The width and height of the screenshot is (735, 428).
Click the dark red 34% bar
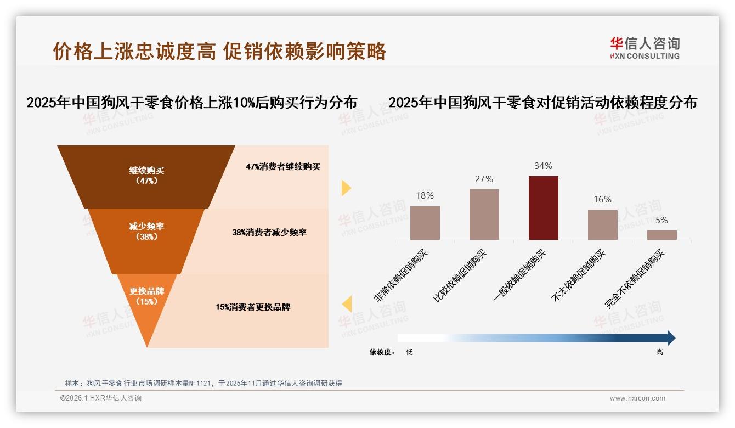pyautogui.click(x=543, y=208)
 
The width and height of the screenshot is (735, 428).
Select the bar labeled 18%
pyautogui.click(x=425, y=223)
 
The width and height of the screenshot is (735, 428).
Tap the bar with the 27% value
pyautogui.click(x=484, y=215)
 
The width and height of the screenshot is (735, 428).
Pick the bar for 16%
pyautogui.click(x=602, y=225)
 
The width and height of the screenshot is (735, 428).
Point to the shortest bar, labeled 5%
pyautogui.click(x=661, y=235)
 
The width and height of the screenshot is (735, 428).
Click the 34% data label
pyautogui.click(x=543, y=166)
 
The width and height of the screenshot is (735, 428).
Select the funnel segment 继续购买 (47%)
pyautogui.click(x=146, y=176)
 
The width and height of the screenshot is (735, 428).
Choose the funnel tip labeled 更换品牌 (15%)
pyautogui.click(x=146, y=299)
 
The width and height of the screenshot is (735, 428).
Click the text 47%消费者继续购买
pyautogui.click(x=283, y=167)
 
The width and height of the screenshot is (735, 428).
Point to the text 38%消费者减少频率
pyautogui.click(x=269, y=233)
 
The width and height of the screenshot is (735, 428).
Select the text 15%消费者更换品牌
pyautogui.click(x=253, y=307)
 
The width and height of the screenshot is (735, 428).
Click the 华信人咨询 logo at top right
pyautogui.click(x=644, y=48)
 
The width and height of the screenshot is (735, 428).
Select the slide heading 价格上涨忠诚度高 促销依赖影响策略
pyautogui.click(x=219, y=51)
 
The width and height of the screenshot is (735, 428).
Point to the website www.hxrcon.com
pyautogui.click(x=637, y=398)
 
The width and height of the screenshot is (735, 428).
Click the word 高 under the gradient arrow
pyautogui.click(x=659, y=352)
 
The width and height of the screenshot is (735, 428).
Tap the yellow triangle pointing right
pyautogui.click(x=346, y=188)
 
